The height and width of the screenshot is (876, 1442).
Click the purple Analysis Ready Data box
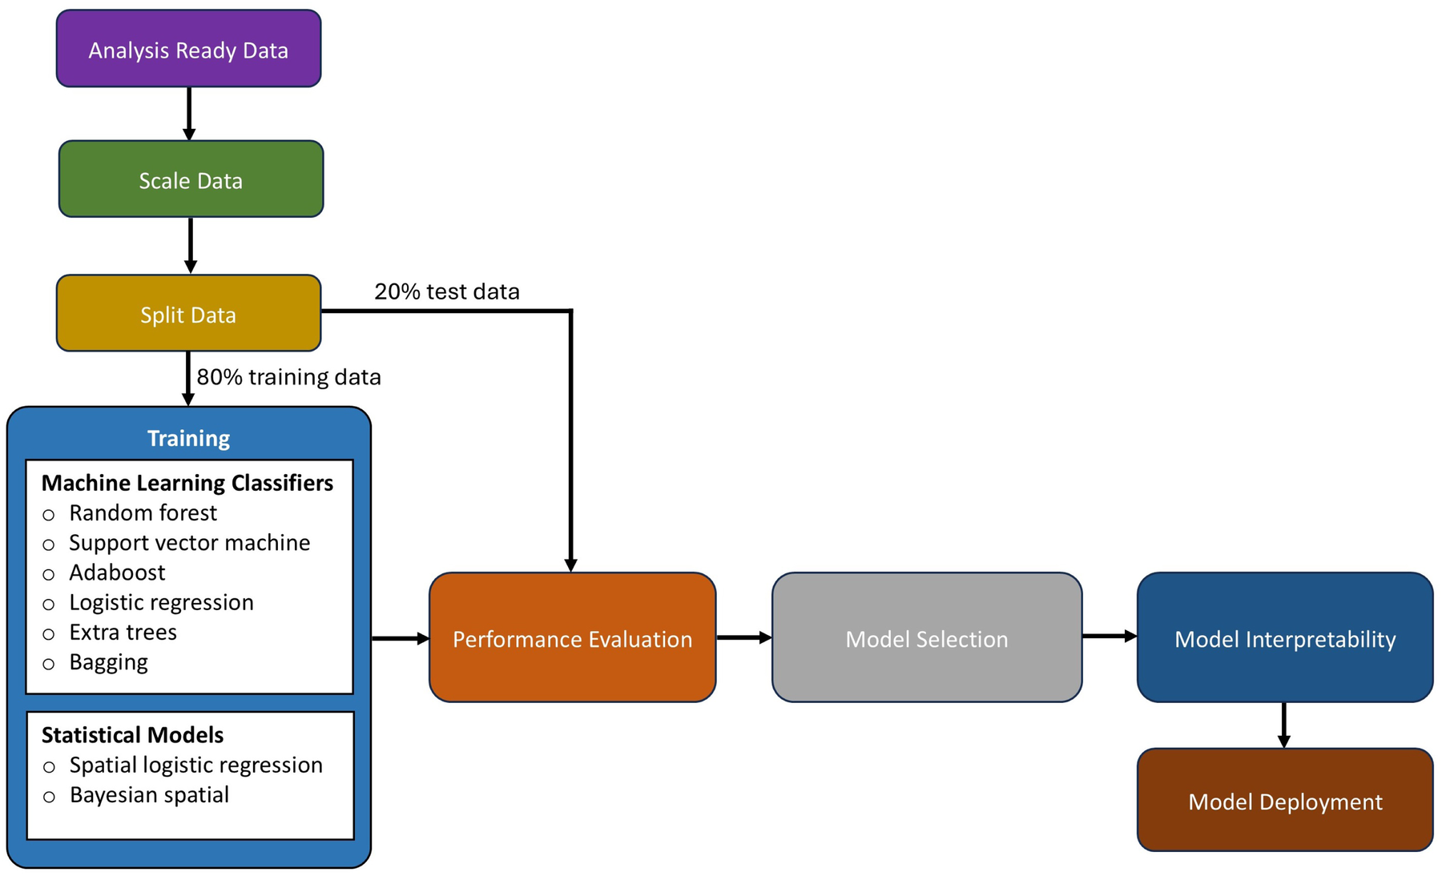click(188, 49)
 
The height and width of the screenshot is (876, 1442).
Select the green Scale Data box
click(191, 179)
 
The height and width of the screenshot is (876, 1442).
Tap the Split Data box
click(188, 314)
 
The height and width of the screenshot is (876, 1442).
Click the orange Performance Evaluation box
click(572, 638)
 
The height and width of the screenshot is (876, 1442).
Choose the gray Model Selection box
click(927, 638)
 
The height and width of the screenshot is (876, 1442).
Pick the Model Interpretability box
click(1284, 638)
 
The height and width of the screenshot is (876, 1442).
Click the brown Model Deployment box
click(1284, 801)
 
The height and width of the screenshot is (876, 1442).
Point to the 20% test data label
click(447, 291)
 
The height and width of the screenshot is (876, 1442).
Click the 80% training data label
click(288, 377)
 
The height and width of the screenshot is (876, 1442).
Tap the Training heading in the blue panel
click(188, 438)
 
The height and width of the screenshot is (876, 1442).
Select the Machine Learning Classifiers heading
click(187, 483)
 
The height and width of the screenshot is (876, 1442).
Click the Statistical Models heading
click(132, 735)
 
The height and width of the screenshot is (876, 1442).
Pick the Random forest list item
click(143, 512)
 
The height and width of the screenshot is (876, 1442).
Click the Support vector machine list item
click(189, 543)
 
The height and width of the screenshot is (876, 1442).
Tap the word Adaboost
click(117, 573)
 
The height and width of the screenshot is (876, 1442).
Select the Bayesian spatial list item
click(149, 795)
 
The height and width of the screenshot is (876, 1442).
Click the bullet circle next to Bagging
click(49, 664)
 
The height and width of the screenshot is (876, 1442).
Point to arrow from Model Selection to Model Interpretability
click(1109, 637)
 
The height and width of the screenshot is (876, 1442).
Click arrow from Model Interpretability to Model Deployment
click(1283, 725)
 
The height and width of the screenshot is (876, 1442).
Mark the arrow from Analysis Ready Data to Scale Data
click(189, 113)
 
